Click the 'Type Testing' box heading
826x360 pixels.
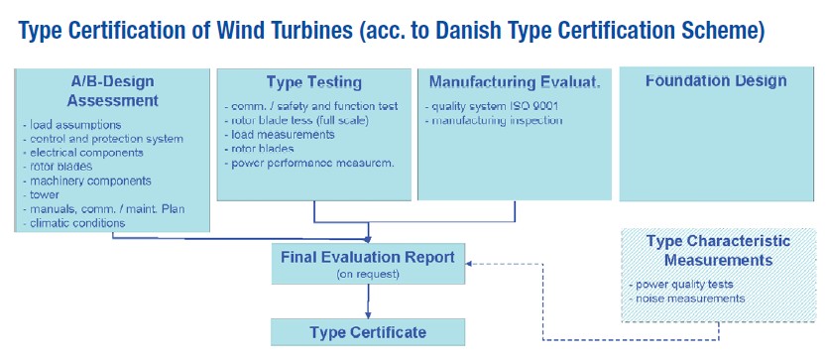click(314, 82)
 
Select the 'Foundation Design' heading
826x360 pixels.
click(716, 81)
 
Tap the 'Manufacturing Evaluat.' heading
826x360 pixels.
click(515, 82)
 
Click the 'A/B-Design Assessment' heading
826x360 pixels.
click(113, 90)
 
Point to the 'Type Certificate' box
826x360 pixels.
click(368, 332)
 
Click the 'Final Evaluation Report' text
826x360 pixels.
click(368, 258)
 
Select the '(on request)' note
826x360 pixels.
click(368, 274)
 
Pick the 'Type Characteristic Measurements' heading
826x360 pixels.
click(718, 250)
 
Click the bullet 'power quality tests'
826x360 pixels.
click(681, 285)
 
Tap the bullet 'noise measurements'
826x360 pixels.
click(687, 299)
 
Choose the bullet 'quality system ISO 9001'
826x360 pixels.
click(492, 106)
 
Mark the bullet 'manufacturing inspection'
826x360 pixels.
click(494, 121)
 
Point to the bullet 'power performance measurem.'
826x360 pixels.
click(309, 163)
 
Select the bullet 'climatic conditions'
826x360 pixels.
click(74, 223)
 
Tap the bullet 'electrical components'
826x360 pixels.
click(83, 153)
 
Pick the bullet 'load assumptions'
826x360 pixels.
click(72, 125)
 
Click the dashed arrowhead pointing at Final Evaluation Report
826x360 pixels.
click(470, 264)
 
